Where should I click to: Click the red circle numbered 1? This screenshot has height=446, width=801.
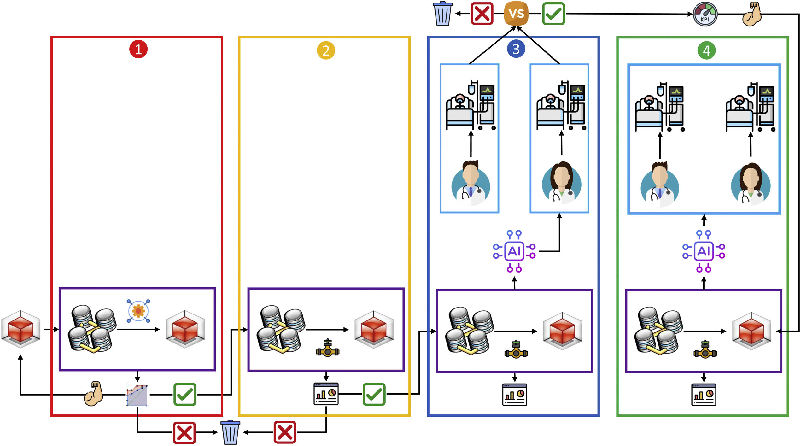[138, 50]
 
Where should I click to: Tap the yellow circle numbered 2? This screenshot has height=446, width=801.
[326, 50]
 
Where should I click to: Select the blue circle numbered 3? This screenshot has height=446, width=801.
[516, 49]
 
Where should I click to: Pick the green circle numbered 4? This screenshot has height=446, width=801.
[706, 50]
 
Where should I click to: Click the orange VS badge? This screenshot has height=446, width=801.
[516, 14]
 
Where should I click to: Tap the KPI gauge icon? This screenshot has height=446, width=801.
[705, 14]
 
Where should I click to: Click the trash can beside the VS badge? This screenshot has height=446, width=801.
[442, 14]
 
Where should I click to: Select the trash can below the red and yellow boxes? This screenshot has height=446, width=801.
[230, 432]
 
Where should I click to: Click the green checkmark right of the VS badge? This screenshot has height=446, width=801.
[553, 14]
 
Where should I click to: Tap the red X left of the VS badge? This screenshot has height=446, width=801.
[482, 14]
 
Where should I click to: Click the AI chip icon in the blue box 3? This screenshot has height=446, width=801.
[514, 251]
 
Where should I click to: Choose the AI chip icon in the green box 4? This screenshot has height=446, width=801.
[704, 251]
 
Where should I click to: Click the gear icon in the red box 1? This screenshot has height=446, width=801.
[138, 311]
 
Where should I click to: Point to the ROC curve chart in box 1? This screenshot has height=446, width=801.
[137, 395]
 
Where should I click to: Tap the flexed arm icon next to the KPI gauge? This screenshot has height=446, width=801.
[752, 14]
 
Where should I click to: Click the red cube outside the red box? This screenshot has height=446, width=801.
[21, 329]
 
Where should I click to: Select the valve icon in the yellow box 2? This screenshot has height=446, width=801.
[328, 348]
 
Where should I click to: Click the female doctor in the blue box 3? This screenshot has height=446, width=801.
[561, 183]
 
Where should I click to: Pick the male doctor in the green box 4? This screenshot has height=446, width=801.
[660, 185]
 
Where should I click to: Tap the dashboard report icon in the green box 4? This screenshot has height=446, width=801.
[704, 395]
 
